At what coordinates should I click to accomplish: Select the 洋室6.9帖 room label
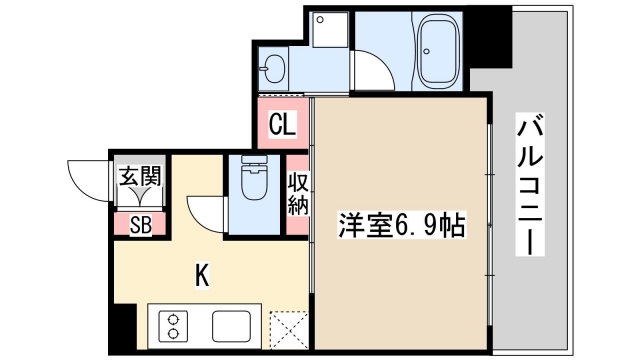(399, 224)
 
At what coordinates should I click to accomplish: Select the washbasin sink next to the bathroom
(272, 71)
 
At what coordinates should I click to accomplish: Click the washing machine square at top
(327, 32)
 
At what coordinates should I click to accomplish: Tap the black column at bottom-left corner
(120, 329)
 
